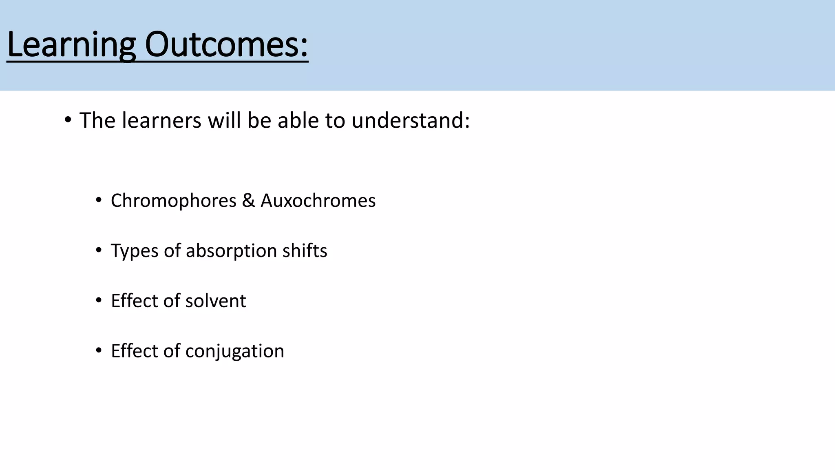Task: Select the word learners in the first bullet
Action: point(161,120)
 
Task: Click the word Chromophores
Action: point(174,201)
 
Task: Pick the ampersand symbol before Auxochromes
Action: point(248,201)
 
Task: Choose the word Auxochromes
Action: point(318,201)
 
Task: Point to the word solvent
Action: point(216,301)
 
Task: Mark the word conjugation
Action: point(234,351)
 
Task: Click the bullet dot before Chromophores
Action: point(98,200)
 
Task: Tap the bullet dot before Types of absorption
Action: point(98,250)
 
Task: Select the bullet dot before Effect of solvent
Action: point(98,301)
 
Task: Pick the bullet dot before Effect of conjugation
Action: point(98,351)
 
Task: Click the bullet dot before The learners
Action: point(68,120)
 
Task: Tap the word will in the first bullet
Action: point(224,120)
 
